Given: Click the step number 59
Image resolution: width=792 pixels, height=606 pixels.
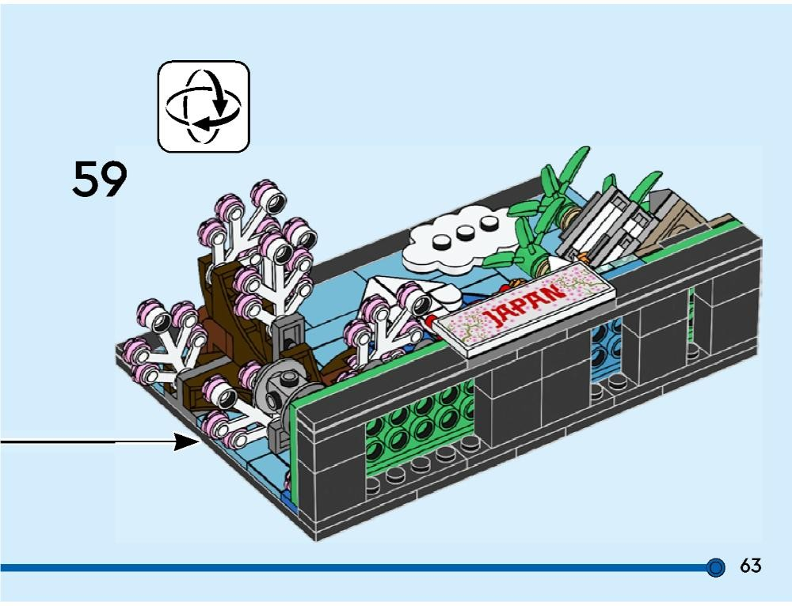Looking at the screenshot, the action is (100, 179).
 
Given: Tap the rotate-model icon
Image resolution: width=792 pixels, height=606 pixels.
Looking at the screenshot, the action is (204, 107).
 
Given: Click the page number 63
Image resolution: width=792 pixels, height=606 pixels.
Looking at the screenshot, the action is (750, 566).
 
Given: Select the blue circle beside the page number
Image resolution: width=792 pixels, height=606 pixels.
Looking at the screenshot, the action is (715, 568).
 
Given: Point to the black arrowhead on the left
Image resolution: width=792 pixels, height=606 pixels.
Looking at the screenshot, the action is (187, 441).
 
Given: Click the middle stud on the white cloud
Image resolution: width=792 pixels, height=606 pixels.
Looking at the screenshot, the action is (465, 232).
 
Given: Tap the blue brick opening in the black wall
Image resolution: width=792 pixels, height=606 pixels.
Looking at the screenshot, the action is (605, 348).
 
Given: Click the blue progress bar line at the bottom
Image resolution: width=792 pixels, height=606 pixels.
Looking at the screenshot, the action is (353, 568).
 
